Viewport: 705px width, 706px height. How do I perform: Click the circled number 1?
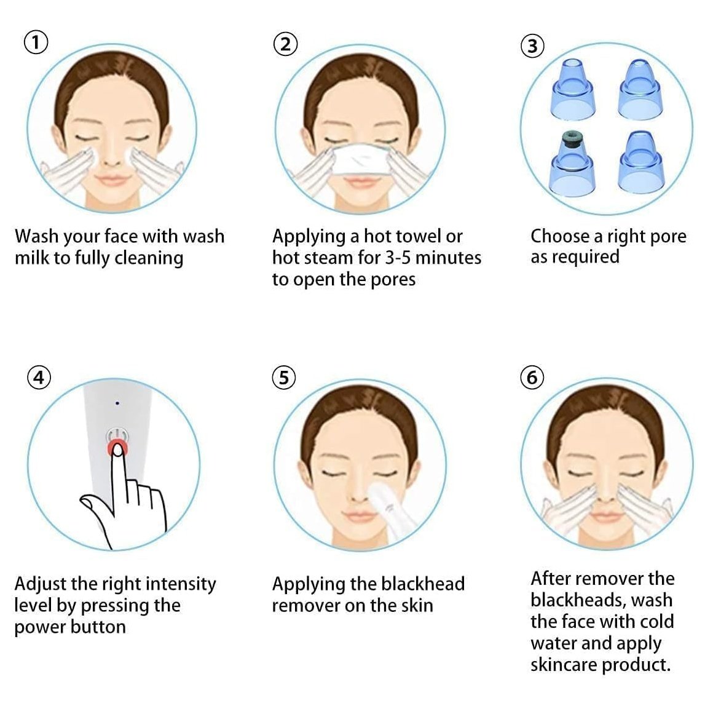tap(36, 42)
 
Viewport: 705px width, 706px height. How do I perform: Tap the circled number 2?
tap(285, 44)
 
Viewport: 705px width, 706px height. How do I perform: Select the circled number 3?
tap(532, 46)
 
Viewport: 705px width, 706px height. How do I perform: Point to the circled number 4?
tap(39, 378)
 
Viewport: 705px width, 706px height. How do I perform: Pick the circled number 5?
tap(284, 378)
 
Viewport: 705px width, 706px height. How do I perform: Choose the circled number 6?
tap(532, 378)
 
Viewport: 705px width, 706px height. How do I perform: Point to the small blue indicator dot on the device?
tap(117, 403)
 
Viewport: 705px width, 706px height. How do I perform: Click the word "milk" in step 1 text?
tap(32, 258)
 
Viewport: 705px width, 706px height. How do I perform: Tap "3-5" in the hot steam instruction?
tap(398, 258)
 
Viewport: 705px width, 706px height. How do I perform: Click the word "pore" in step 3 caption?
tap(668, 236)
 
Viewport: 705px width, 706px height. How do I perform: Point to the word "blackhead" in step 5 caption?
tap(422, 584)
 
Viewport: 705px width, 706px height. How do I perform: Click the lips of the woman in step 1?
tap(112, 181)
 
